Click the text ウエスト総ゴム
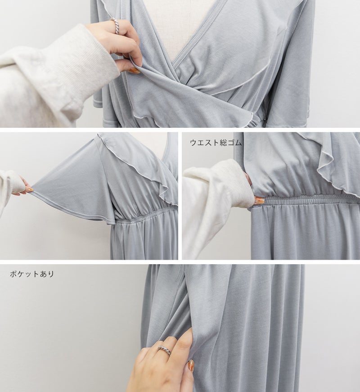(216, 143)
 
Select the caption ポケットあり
(32, 274)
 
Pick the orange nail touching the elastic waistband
(259, 200)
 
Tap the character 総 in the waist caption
(223, 143)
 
